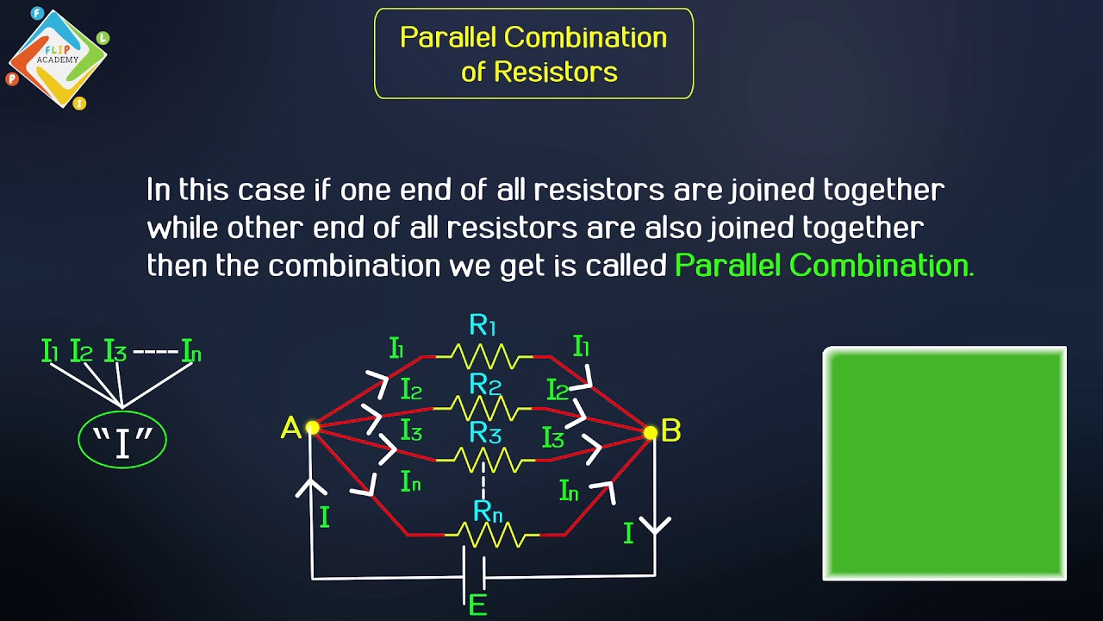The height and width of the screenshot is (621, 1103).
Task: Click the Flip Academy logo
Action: tap(57, 59)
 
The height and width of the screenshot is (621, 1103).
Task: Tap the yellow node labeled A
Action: tap(312, 428)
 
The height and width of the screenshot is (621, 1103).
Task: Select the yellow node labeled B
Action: tap(651, 433)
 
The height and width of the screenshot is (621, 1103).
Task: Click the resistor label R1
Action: tap(483, 326)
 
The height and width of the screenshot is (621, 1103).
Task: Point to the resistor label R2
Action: tap(485, 384)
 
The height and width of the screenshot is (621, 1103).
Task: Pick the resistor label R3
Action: tap(485, 433)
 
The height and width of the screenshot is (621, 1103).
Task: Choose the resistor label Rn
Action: tap(488, 511)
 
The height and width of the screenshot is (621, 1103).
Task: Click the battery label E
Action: tap(477, 605)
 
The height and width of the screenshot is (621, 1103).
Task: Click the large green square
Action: tap(944, 463)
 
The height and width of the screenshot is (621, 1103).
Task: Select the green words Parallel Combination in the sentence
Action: tap(824, 265)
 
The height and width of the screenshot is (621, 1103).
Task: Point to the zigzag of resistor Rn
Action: tap(491, 536)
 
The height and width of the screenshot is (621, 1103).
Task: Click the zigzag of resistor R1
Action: tap(484, 355)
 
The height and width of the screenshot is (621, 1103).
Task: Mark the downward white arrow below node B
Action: tap(655, 524)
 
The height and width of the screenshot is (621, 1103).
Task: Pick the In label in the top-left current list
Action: tap(190, 351)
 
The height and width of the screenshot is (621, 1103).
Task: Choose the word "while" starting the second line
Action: tap(183, 228)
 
